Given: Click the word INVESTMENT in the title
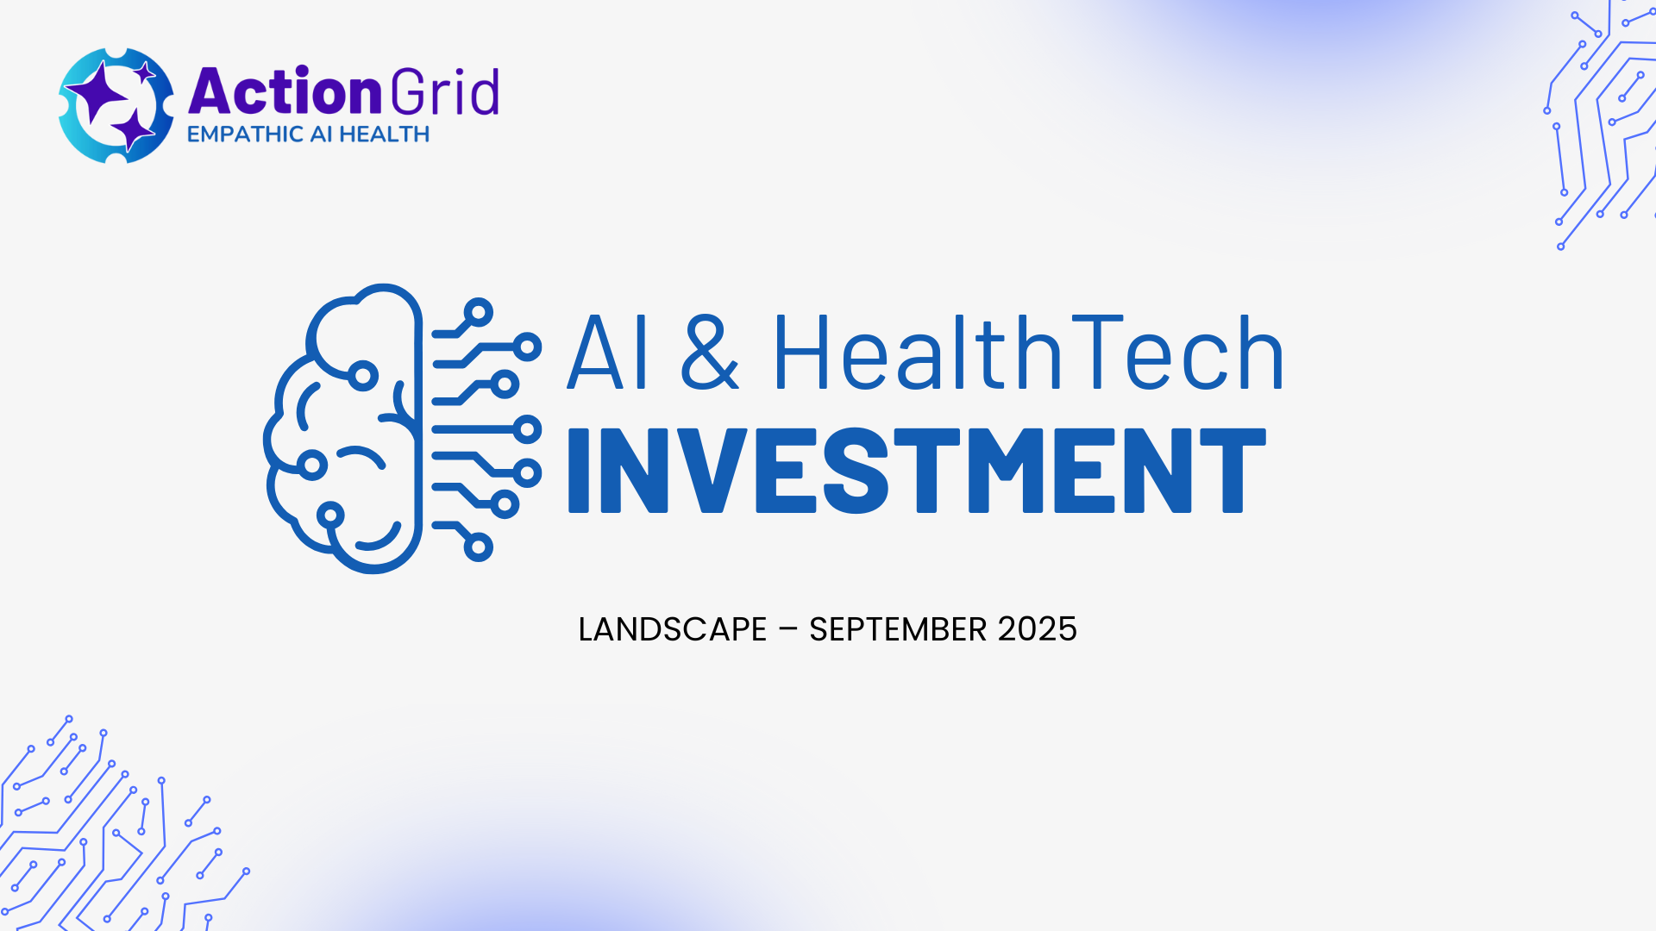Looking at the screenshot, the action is [917, 471].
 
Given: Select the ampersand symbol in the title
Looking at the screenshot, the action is [710, 353].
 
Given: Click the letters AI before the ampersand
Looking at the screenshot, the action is [606, 353].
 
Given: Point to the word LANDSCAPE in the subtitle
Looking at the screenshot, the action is [672, 629].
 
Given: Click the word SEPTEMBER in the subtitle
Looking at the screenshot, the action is [898, 629].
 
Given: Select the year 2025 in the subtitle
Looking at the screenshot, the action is [1038, 629].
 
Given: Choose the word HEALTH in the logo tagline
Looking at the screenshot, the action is [384, 134].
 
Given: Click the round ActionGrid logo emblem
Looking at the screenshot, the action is [116, 105].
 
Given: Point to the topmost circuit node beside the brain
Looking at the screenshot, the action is [478, 312].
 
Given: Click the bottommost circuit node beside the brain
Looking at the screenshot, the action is [478, 547].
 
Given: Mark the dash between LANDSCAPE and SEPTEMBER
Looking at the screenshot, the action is [787, 629].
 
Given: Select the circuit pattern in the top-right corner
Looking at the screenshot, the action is [1600, 125].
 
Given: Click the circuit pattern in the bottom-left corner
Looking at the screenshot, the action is [121, 823].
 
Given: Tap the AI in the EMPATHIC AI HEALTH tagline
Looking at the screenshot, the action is [321, 134].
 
